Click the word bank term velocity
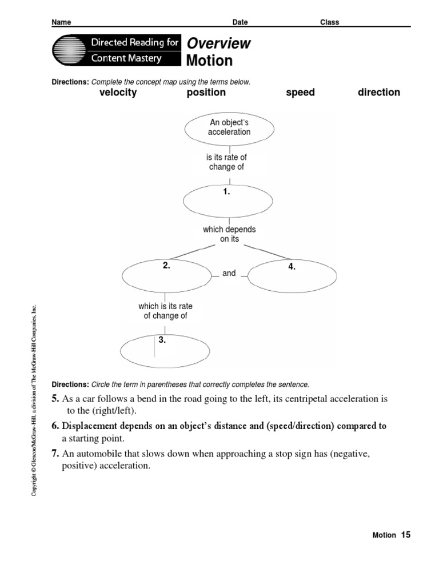[118, 93]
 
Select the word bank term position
[206, 93]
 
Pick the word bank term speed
[300, 93]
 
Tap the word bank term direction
[378, 93]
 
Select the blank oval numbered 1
[229, 200]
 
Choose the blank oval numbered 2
[166, 275]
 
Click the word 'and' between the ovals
[229, 274]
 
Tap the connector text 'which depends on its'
[229, 234]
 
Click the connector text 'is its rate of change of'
[227, 162]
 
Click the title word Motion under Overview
[210, 61]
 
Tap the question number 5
[55, 399]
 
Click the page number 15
[405, 535]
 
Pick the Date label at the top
[240, 22]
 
